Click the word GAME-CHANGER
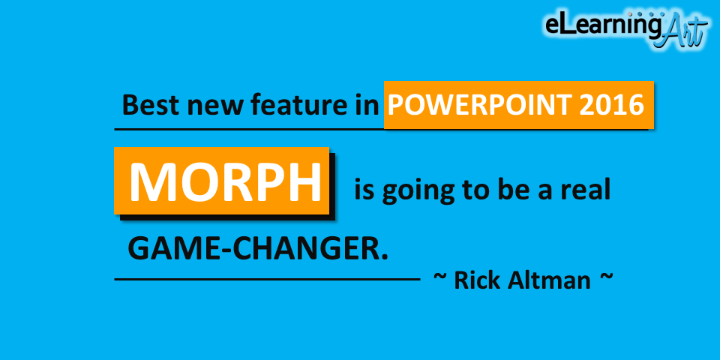(x=257, y=248)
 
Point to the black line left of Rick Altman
(x=267, y=279)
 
